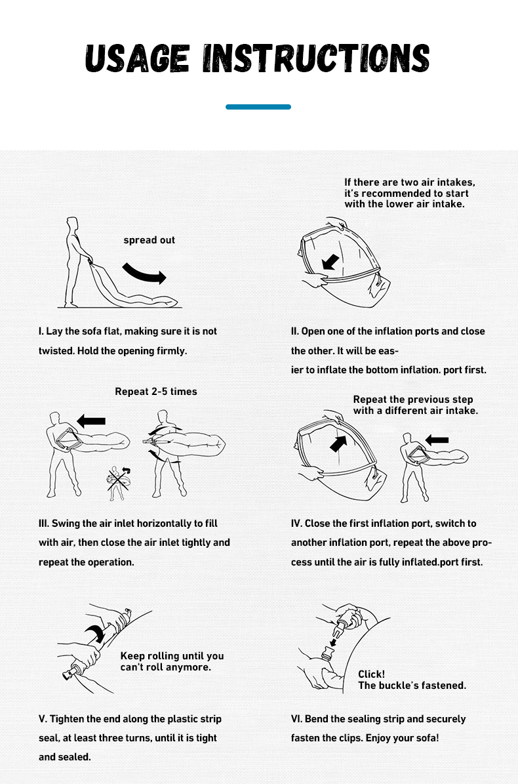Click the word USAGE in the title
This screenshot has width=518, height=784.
[137, 58]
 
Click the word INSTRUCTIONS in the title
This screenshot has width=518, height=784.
[316, 58]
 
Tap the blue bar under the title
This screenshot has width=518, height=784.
[258, 107]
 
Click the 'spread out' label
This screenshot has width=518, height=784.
[149, 240]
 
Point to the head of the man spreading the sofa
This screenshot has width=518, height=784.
[73, 224]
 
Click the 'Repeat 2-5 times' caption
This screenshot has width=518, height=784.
[156, 392]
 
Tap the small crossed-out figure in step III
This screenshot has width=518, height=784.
[118, 483]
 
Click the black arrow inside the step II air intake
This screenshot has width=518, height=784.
[330, 262]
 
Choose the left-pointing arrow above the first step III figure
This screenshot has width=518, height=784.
[91, 421]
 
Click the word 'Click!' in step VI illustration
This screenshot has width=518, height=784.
[372, 674]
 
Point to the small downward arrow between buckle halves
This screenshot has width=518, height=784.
[333, 642]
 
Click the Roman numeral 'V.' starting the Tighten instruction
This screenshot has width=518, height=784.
[43, 719]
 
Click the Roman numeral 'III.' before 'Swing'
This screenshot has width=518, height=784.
[44, 524]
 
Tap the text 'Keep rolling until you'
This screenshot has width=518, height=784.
[172, 656]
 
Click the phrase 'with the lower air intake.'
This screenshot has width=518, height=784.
[405, 204]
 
